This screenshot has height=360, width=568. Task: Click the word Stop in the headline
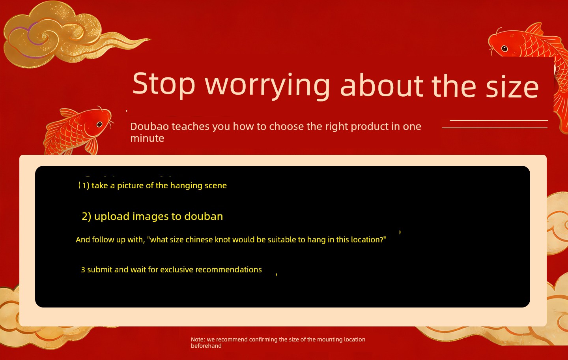pyautogui.click(x=164, y=84)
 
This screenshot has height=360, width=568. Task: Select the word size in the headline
pyautogui.click(x=512, y=86)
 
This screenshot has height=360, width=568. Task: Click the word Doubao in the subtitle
pyautogui.click(x=149, y=126)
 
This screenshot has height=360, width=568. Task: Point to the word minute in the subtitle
pyautogui.click(x=147, y=138)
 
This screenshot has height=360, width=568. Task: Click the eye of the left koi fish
pyautogui.click(x=99, y=124)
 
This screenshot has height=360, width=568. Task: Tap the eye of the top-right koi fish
pyautogui.click(x=504, y=49)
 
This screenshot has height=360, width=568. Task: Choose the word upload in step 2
pyautogui.click(x=112, y=216)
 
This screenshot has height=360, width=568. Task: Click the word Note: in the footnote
pyautogui.click(x=198, y=339)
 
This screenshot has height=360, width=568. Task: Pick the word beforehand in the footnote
pyautogui.click(x=206, y=346)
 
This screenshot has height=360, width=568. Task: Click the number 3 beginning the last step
pyautogui.click(x=83, y=270)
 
